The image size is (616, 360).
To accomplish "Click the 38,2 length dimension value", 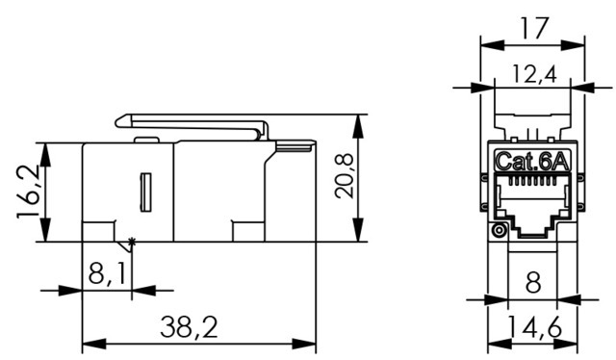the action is point(189,327).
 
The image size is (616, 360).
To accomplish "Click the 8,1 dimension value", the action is point(107,273).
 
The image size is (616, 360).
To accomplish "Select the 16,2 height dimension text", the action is point(28,192).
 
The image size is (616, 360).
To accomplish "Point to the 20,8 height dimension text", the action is point(345,176).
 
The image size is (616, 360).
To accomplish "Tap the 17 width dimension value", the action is point(533,28).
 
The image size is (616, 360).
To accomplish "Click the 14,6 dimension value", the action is point(534,326).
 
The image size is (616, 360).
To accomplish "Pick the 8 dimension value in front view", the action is point(532,281).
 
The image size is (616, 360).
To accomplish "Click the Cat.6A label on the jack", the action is point(532,161).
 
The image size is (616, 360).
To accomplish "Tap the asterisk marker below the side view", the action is point(132,242).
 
